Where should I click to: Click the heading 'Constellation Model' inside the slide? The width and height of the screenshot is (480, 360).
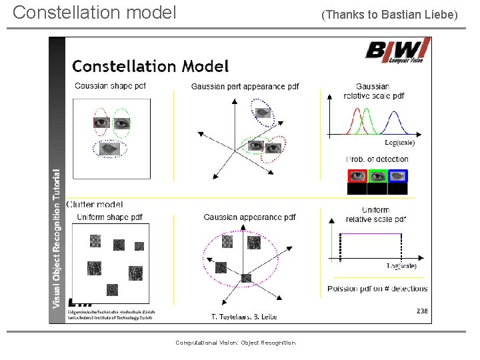click(150, 66)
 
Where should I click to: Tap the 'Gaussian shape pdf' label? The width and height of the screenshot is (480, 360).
click(110, 85)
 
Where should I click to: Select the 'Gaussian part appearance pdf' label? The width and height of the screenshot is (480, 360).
click(245, 87)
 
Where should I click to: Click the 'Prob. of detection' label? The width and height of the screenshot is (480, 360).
click(377, 159)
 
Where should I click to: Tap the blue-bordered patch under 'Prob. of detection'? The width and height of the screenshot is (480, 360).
click(397, 176)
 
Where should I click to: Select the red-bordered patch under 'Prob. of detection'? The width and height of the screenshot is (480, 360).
click(357, 176)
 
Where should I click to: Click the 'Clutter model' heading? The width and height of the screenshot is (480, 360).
click(96, 204)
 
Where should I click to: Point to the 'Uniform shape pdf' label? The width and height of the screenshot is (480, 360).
click(109, 217)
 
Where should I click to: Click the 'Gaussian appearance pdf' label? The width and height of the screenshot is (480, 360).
click(249, 217)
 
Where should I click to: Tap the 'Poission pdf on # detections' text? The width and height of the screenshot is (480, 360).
click(377, 289)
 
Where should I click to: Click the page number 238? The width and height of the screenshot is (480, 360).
click(422, 311)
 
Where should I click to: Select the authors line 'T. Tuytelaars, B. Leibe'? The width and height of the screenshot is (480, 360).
click(244, 316)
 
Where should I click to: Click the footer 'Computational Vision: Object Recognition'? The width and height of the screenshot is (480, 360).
click(235, 343)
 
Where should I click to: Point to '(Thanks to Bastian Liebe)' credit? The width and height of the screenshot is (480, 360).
click(390, 14)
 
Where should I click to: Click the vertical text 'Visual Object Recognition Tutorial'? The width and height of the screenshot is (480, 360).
click(58, 237)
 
